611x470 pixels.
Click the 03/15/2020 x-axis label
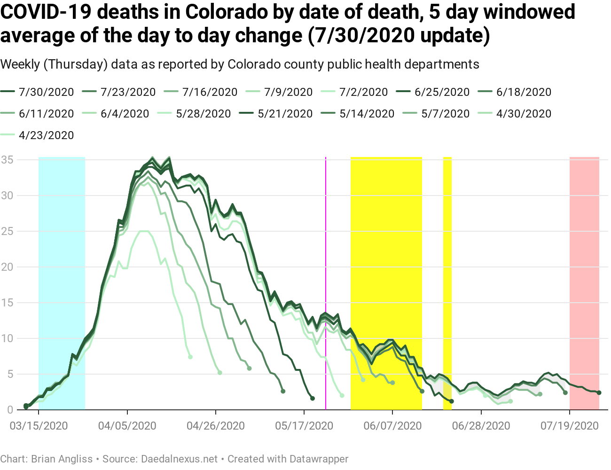(39, 426)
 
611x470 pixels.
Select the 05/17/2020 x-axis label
(304, 426)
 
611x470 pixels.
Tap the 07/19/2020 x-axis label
(570, 426)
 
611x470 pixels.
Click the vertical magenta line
(326, 282)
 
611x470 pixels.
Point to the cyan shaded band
(62, 282)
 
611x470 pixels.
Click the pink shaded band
(584, 282)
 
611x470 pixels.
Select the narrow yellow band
(447, 282)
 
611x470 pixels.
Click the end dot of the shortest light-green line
(190, 357)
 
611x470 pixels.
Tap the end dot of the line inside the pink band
(599, 392)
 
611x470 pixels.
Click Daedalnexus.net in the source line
(180, 459)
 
